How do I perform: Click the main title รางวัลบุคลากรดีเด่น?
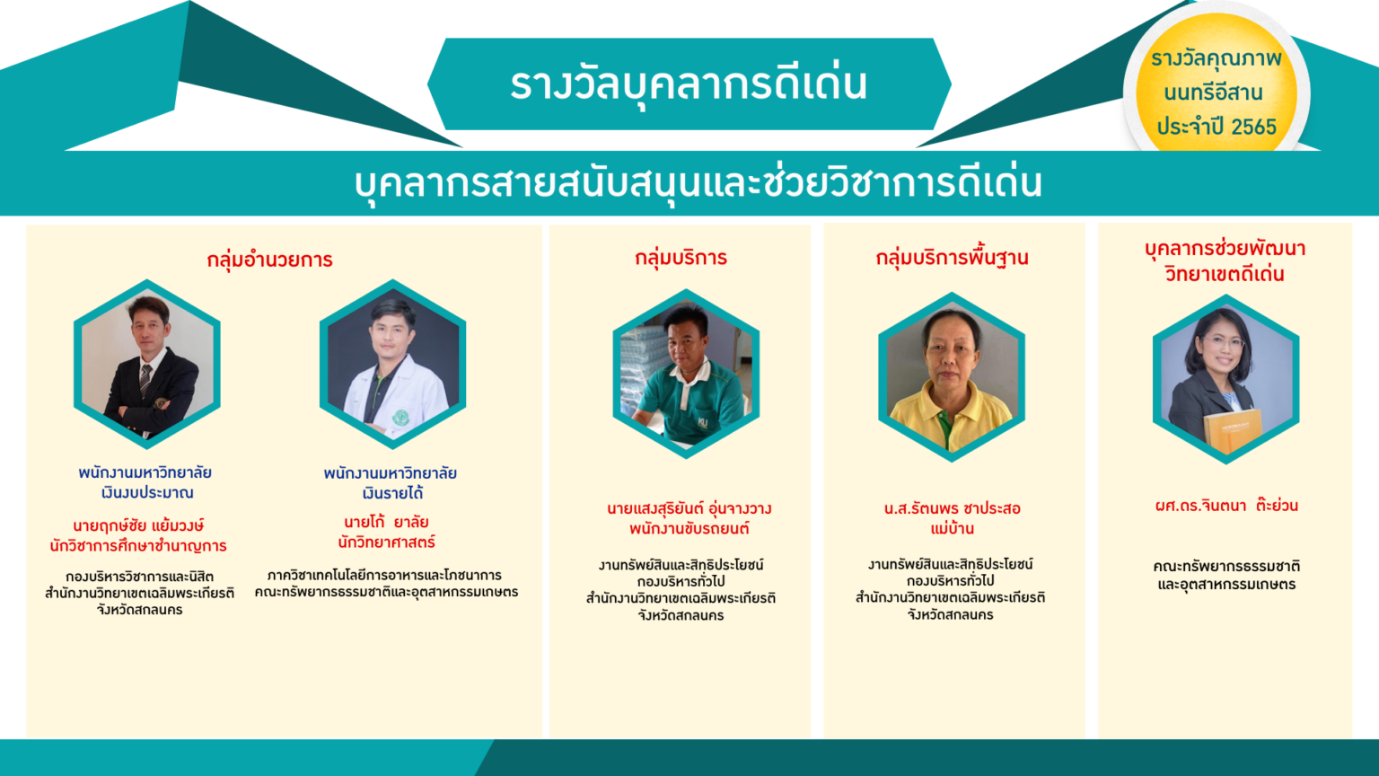pos(689,84)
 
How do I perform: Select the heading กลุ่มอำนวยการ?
pos(269,260)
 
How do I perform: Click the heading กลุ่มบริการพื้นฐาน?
pos(952,258)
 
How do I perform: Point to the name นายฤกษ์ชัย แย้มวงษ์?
pos(138,526)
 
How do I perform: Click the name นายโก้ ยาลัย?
pos(386,522)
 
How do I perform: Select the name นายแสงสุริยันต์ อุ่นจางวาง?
pos(689,509)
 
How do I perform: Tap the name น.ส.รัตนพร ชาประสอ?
pos(953,508)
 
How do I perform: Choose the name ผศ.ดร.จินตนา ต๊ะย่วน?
pos(1226,506)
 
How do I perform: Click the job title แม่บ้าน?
pos(953,528)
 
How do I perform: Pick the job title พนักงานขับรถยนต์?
pos(689,529)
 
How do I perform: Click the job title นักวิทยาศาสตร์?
pos(387,542)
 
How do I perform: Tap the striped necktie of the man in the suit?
pos(145,380)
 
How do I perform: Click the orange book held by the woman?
pos(1233,430)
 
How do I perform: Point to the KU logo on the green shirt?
pos(703,422)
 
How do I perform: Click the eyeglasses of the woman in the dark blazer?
pos(1223,342)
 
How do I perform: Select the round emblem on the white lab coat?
pos(400,417)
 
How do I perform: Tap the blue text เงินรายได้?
pos(392,493)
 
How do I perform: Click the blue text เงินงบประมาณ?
pos(147,493)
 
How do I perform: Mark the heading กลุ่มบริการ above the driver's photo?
pos(681,258)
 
